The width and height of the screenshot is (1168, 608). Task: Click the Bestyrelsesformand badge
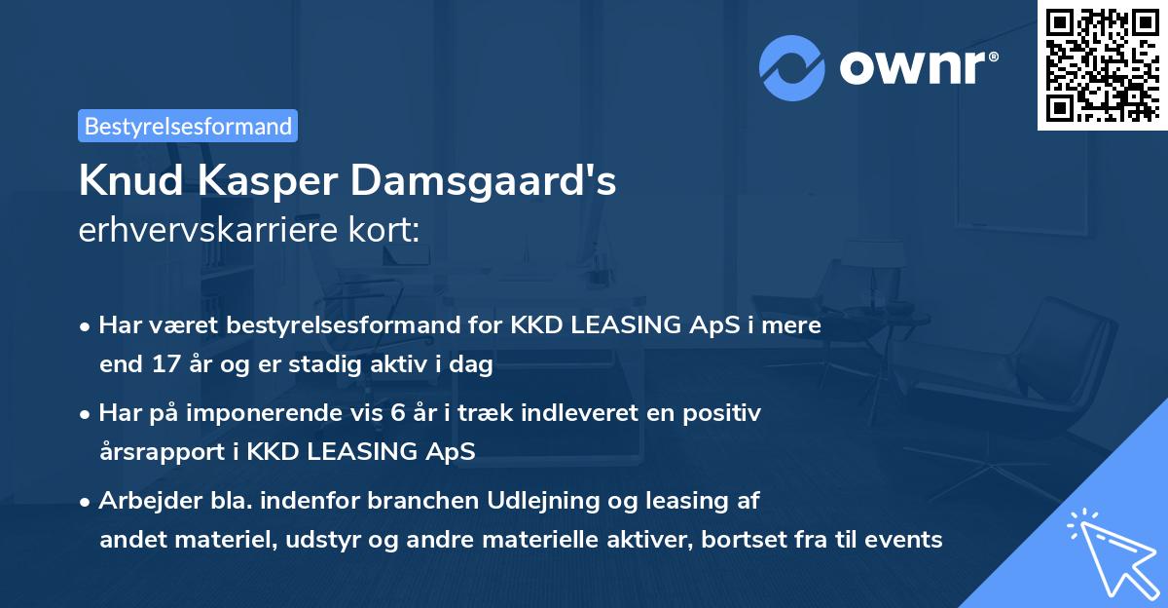[x=188, y=126]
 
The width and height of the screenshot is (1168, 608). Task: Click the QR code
[x=1102, y=64]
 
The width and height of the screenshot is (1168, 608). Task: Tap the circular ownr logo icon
[x=791, y=68]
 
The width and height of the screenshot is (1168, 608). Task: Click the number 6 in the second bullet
[x=397, y=413]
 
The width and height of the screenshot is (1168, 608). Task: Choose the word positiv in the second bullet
[x=726, y=413]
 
